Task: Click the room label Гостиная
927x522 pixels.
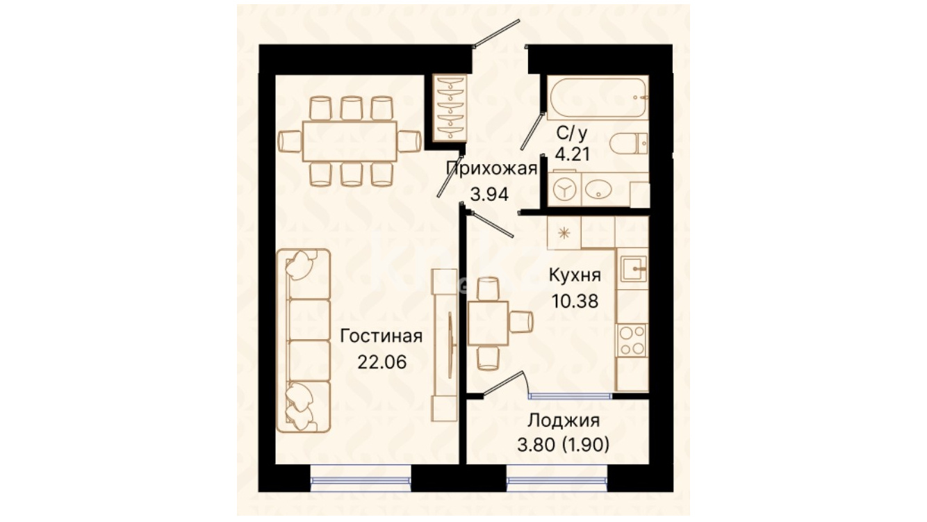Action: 381,336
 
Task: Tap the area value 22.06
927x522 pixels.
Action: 382,362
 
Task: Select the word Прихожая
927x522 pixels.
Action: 491,169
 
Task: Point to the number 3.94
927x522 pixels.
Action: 490,194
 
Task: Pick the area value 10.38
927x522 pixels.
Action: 575,302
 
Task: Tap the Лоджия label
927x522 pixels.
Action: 564,420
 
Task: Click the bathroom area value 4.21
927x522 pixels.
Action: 573,154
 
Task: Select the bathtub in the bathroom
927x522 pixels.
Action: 598,98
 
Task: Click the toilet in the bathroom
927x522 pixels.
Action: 629,143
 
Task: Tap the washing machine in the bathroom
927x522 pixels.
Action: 564,189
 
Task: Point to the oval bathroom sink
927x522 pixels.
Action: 598,189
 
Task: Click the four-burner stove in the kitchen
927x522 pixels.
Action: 632,341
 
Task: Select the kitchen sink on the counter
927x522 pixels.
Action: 633,269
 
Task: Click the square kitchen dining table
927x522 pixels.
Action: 488,323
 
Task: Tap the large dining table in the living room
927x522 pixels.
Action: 350,141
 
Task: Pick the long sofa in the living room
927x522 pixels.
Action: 304,341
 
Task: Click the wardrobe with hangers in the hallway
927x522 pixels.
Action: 450,108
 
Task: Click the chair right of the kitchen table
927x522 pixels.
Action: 521,322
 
